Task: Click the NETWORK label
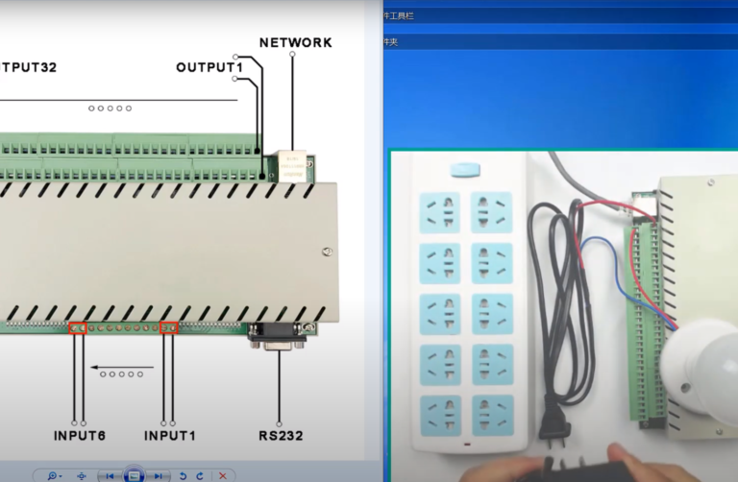(x=296, y=42)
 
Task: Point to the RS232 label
(x=280, y=436)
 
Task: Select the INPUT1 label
(x=169, y=436)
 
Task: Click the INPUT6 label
(x=80, y=436)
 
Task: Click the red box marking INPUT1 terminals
(x=169, y=327)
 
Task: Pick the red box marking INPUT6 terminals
(x=79, y=327)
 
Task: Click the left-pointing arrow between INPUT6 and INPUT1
(x=122, y=367)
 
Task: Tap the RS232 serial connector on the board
(x=278, y=335)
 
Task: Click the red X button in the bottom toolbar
(x=223, y=475)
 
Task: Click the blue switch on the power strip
(x=465, y=170)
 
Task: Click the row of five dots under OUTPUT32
(x=110, y=108)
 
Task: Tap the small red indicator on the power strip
(x=467, y=445)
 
